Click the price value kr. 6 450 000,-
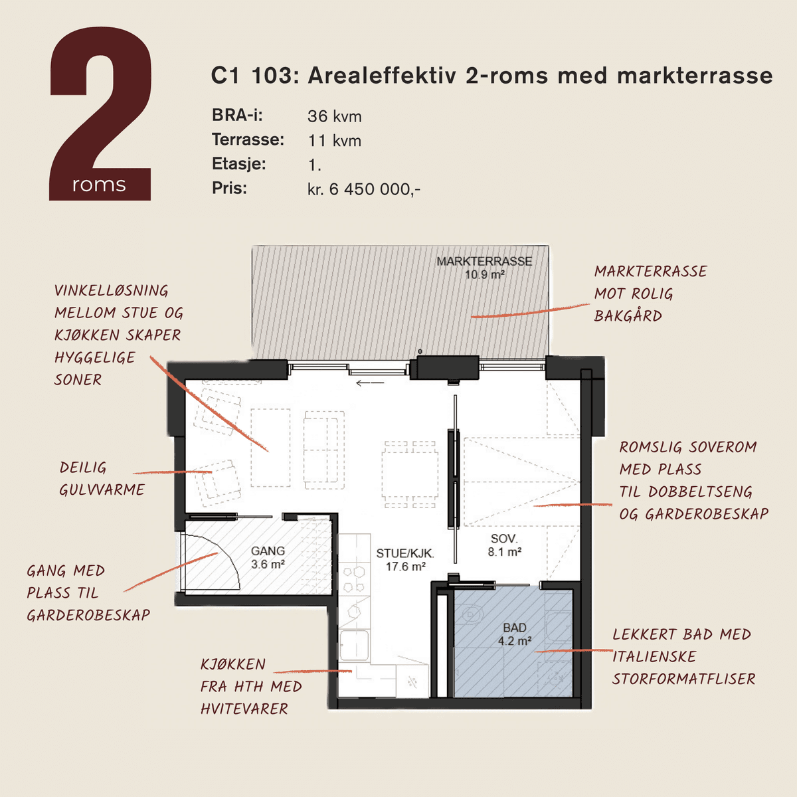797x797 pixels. (364, 189)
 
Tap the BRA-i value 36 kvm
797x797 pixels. (335, 116)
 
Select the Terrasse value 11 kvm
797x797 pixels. (335, 141)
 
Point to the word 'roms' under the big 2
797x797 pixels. (99, 185)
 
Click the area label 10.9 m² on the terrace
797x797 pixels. (484, 274)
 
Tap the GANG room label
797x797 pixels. (268, 551)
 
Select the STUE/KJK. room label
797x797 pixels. (405, 553)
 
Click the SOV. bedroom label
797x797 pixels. (504, 539)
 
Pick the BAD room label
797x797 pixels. (515, 628)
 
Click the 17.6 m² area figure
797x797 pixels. (406, 567)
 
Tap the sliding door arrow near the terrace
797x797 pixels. (370, 383)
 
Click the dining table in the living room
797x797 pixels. (410, 474)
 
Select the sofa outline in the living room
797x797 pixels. (324, 450)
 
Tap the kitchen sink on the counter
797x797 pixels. (354, 646)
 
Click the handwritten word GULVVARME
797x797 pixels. (102, 490)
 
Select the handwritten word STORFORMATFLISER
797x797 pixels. (683, 679)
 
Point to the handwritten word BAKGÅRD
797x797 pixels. (628, 316)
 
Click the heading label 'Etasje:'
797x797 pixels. (238, 164)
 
